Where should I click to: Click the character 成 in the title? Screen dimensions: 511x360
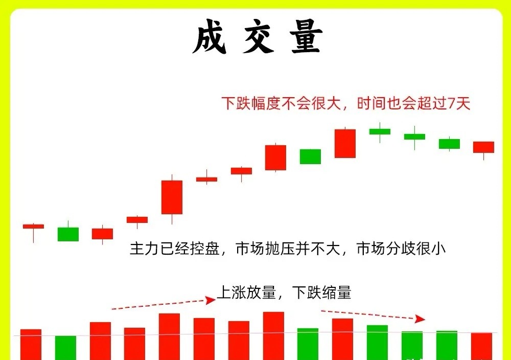(x=210, y=36)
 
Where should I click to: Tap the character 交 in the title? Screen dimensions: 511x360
(x=258, y=36)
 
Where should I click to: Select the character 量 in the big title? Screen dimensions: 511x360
(x=306, y=36)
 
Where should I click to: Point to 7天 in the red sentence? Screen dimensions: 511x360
(x=459, y=103)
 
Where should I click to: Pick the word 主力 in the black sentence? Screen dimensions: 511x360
(x=145, y=249)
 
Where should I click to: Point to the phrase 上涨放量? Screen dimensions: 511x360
(x=247, y=292)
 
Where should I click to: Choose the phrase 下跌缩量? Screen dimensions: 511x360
(x=321, y=292)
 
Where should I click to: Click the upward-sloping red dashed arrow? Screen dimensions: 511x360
(x=164, y=304)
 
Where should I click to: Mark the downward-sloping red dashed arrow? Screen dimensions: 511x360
(x=373, y=316)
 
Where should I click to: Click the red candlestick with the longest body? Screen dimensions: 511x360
(x=172, y=197)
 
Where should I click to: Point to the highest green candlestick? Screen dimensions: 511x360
(x=380, y=131)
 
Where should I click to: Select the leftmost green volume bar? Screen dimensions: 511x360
(x=65, y=348)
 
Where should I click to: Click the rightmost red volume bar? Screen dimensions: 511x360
(x=481, y=346)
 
